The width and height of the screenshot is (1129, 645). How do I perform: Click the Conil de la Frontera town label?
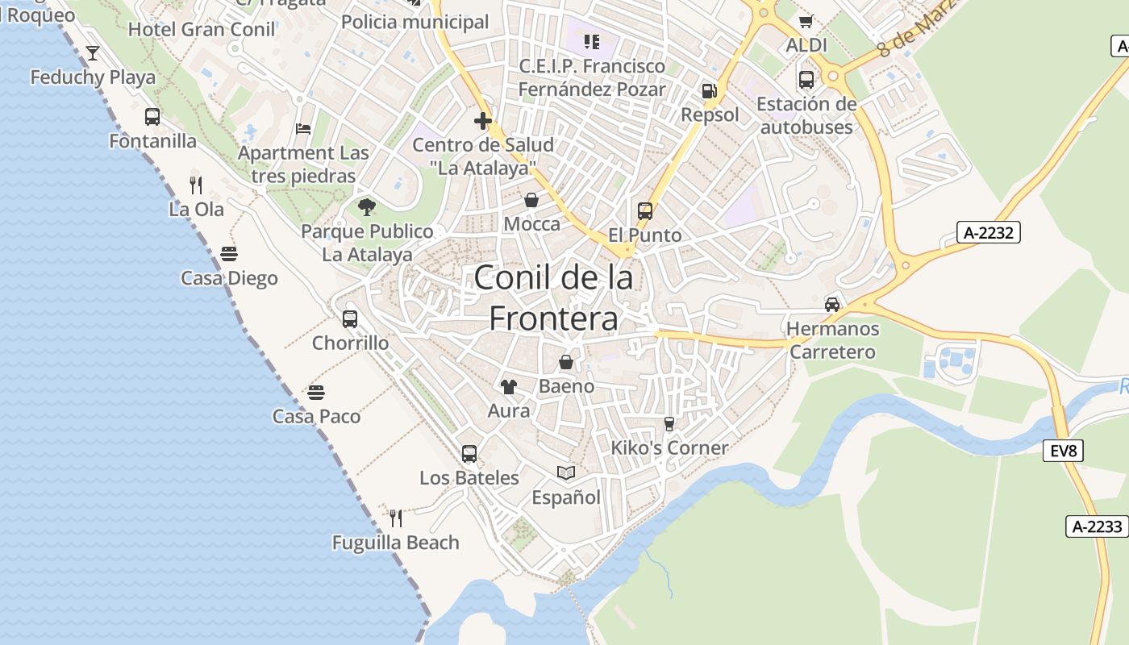click(x=554, y=298)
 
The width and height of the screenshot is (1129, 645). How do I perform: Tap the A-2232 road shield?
click(x=989, y=233)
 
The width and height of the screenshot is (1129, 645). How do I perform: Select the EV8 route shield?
click(x=1064, y=451)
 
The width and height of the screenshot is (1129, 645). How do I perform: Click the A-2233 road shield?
click(x=1098, y=526)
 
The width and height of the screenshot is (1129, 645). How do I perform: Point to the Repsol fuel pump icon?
click(x=709, y=91)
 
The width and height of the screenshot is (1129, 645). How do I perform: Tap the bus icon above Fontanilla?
click(x=152, y=117)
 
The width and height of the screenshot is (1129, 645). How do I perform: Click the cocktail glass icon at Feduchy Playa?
click(x=93, y=53)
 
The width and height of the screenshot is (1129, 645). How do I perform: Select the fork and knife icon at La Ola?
click(x=196, y=185)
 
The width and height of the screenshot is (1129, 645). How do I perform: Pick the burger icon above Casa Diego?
click(x=229, y=254)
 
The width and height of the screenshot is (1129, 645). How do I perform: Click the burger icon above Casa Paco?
click(x=316, y=393)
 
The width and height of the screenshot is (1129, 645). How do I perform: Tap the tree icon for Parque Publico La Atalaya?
click(x=367, y=207)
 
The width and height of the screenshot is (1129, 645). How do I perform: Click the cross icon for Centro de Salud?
click(x=483, y=121)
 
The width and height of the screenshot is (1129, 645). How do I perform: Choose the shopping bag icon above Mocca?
click(x=531, y=200)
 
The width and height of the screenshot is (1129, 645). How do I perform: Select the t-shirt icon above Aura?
click(x=508, y=387)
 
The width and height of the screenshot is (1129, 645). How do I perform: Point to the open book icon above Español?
click(x=566, y=473)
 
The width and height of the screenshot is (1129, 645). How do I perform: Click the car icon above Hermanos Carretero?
click(x=832, y=305)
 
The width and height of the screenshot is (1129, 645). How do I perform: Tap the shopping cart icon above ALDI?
click(x=806, y=21)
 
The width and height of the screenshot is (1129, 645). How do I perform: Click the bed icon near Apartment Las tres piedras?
click(x=303, y=129)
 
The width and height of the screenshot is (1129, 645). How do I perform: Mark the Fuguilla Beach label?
click(x=395, y=543)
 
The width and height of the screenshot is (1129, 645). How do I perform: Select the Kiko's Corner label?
click(x=669, y=447)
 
